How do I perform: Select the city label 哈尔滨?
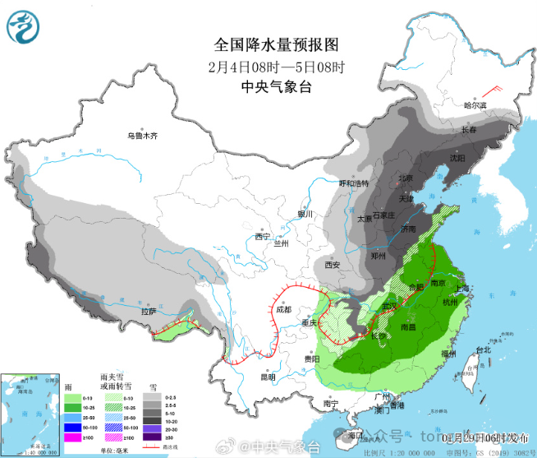point(475,105)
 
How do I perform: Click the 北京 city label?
point(406,178)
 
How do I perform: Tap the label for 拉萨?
point(149,311)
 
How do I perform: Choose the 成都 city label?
point(283,310)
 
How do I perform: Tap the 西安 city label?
point(332,265)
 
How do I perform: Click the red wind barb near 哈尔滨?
point(493,90)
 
